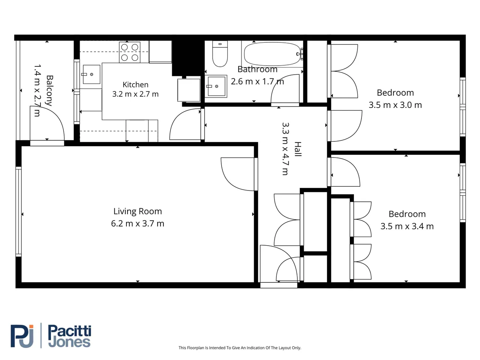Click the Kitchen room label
click(135, 85)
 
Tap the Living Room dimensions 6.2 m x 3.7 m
click(138, 223)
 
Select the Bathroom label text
click(257, 69)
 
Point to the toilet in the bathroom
click(220, 54)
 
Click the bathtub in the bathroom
click(272, 54)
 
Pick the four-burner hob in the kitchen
click(130, 52)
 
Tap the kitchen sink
click(91, 74)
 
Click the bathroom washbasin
click(216, 86)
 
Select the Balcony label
click(50, 90)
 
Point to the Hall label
click(298, 149)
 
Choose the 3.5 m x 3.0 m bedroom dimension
click(395, 105)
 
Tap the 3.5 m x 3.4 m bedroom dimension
click(407, 226)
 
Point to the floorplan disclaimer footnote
click(240, 348)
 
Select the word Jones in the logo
click(69, 342)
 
